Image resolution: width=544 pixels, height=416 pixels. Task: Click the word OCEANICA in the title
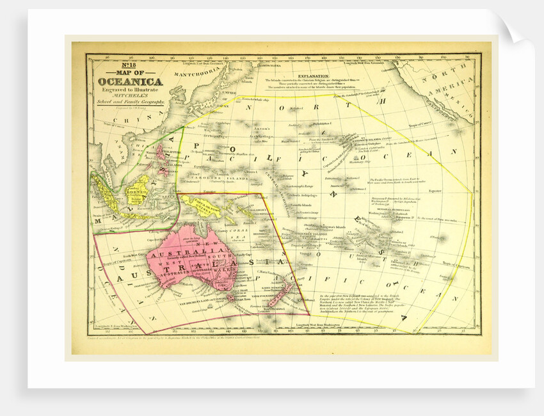130,81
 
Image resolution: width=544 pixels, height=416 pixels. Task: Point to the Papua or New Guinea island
208,207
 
